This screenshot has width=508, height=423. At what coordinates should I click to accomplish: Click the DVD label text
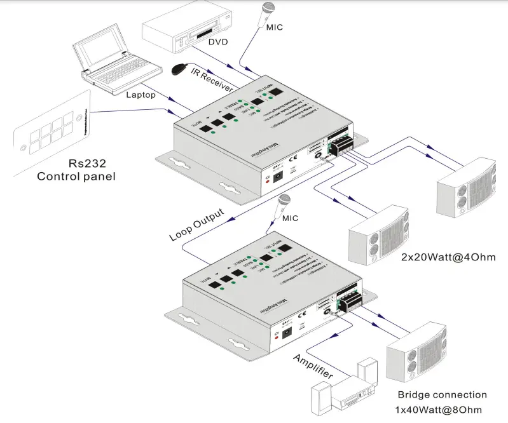[218, 43]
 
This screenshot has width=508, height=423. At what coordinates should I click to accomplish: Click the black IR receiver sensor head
[179, 67]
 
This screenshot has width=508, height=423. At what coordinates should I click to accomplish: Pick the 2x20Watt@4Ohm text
[448, 257]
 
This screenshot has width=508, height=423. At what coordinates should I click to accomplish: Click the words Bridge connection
[442, 394]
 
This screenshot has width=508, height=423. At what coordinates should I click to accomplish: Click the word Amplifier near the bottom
[313, 367]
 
